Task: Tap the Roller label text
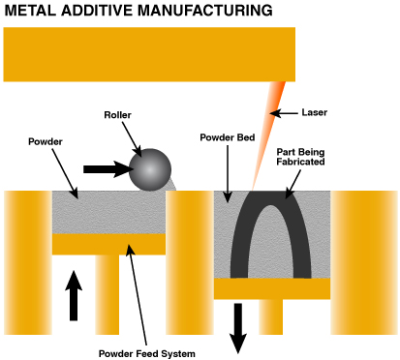pos(119,115)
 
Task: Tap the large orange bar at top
pos(149,54)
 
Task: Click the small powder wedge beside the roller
pos(172,183)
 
